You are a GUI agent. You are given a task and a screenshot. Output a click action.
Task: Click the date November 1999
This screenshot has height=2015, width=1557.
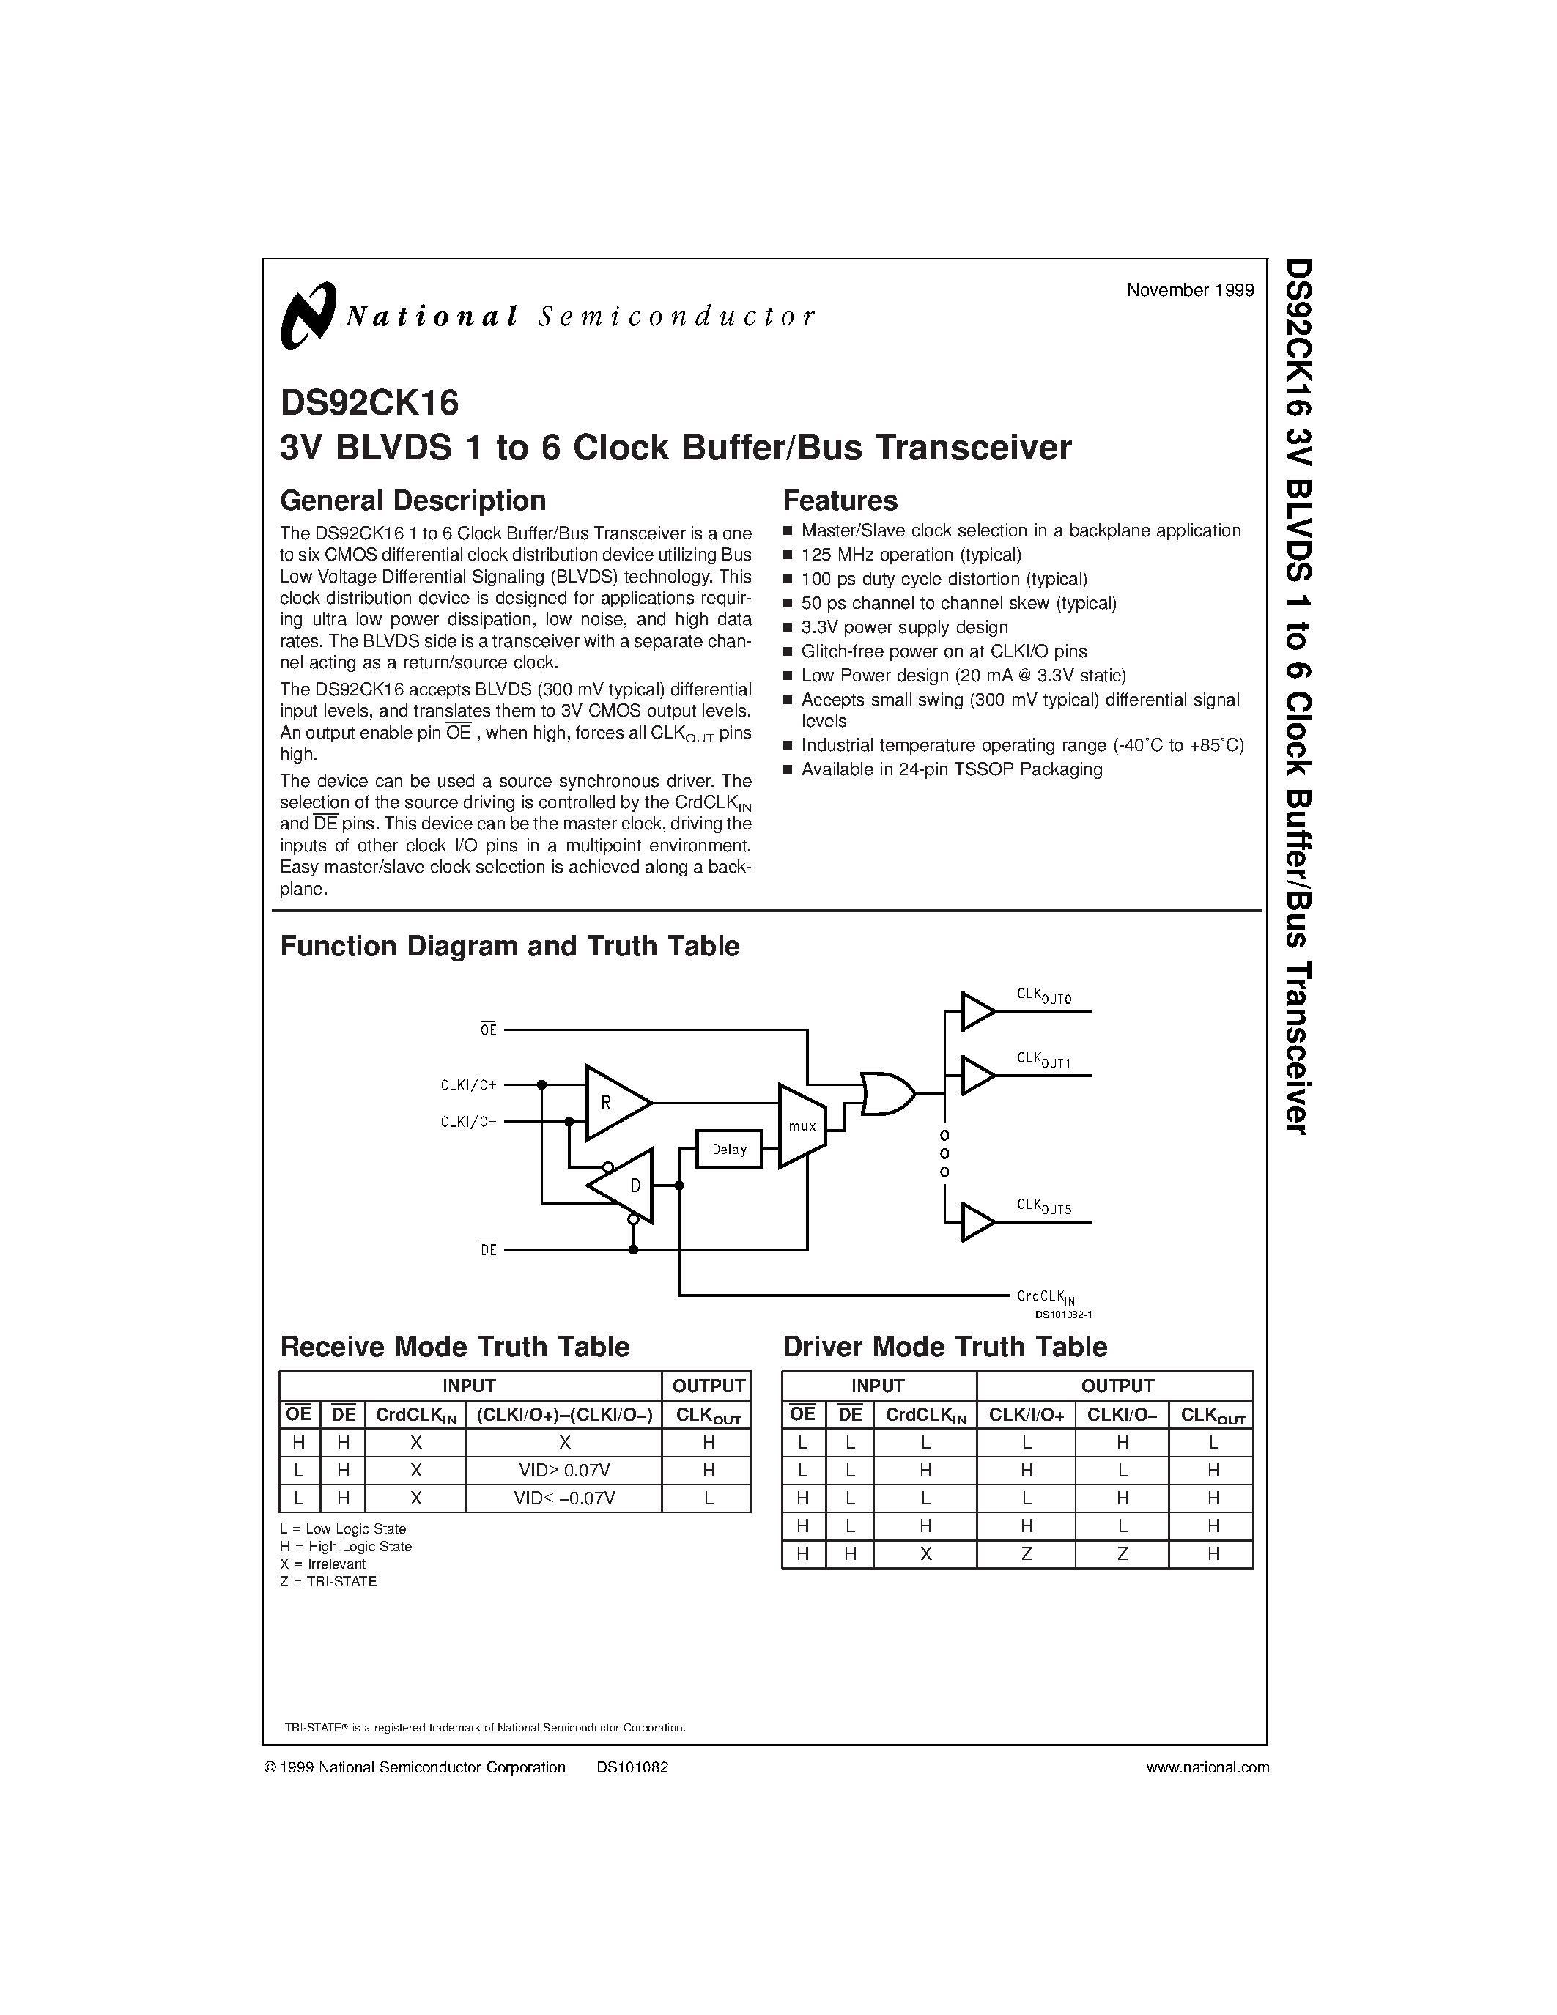(x=1190, y=289)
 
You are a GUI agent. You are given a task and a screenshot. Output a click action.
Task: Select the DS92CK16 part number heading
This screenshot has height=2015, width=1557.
(x=369, y=403)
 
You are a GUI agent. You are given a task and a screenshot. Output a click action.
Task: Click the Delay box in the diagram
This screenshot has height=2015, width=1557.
(x=729, y=1149)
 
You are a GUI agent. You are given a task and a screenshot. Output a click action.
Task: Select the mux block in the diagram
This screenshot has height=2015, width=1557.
(x=802, y=1125)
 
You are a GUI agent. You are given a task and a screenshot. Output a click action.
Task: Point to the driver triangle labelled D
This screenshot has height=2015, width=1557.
(x=627, y=1186)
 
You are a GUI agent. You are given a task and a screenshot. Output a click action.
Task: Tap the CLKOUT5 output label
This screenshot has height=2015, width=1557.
(x=1043, y=1206)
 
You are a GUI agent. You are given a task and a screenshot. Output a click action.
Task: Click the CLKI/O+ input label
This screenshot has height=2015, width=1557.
(x=469, y=1085)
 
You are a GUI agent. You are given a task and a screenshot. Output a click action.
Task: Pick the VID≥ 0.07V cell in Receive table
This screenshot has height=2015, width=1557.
(x=563, y=1470)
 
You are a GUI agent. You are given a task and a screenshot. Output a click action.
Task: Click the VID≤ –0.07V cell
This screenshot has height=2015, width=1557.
(x=563, y=1498)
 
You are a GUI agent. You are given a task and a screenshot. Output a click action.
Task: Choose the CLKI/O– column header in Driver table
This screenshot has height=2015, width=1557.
(x=1122, y=1414)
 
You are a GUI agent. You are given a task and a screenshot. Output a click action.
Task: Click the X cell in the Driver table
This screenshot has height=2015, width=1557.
(x=925, y=1553)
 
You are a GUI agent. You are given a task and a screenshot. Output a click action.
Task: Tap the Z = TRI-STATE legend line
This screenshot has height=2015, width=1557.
(x=328, y=1581)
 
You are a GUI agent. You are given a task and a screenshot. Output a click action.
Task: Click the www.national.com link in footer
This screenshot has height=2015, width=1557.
(x=1207, y=1768)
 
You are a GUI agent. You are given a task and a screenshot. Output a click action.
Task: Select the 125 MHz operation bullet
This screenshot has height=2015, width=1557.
(x=911, y=555)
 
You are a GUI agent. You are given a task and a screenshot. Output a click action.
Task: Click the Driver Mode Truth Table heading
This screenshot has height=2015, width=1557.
(x=944, y=1347)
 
